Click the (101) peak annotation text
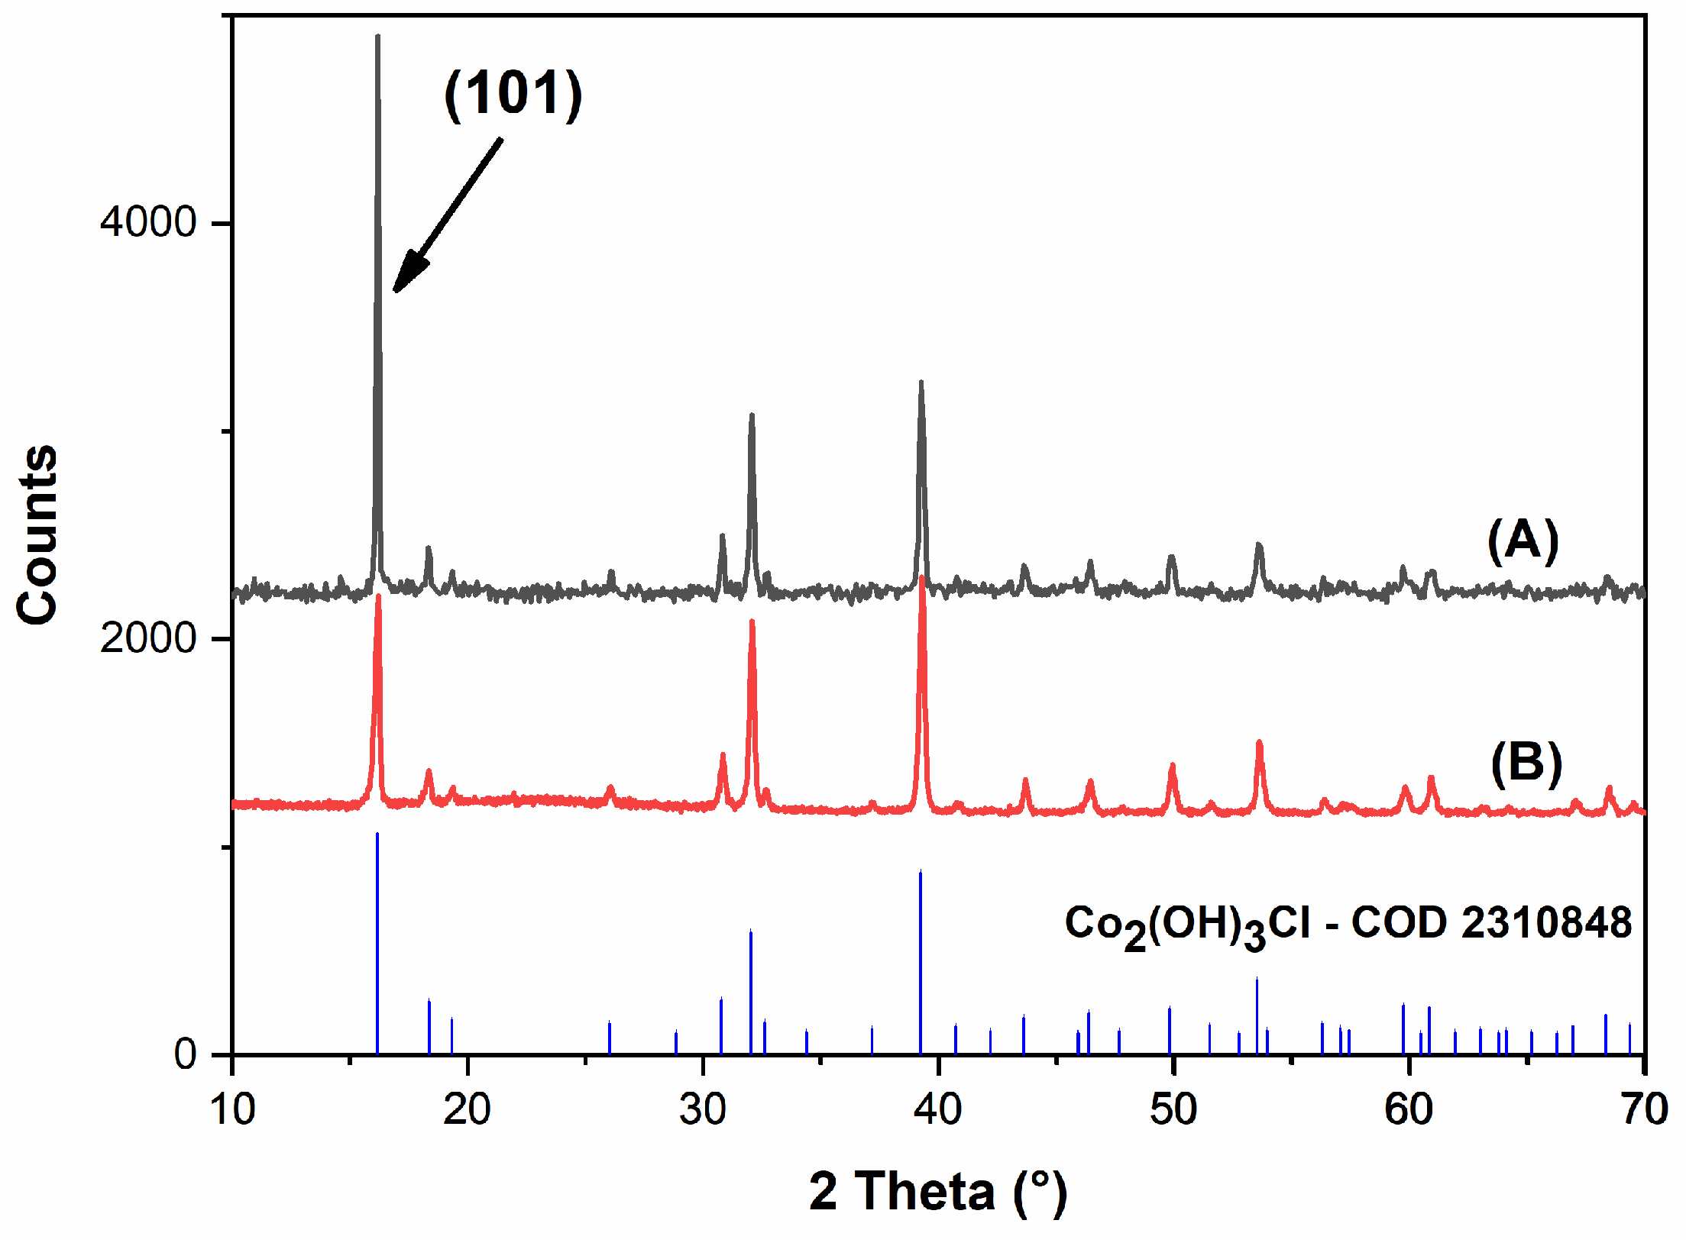(513, 94)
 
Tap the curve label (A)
(1523, 541)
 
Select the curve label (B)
(1526, 763)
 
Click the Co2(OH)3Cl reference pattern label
(1348, 925)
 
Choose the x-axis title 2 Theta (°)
(937, 1190)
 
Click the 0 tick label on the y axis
(186, 1054)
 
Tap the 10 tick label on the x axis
(232, 1109)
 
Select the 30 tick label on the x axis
(702, 1109)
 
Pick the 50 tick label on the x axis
(1173, 1109)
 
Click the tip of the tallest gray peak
(377, 37)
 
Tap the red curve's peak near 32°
(752, 622)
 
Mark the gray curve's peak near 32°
(752, 416)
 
